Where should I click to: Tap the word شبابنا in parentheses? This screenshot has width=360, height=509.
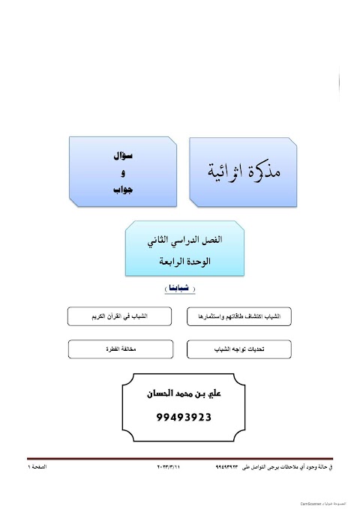pyautogui.click(x=179, y=289)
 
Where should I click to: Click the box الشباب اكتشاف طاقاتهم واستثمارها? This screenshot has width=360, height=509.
pyautogui.click(x=238, y=316)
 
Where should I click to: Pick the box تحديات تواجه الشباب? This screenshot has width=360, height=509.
pyautogui.click(x=238, y=349)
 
